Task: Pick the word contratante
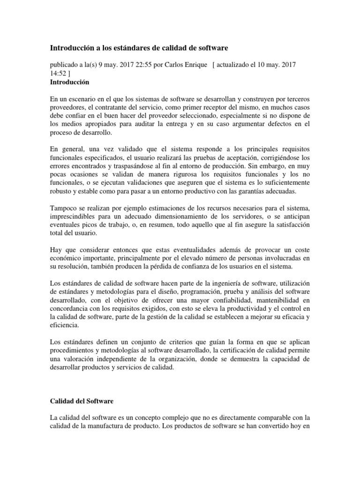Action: coord(103,109)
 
